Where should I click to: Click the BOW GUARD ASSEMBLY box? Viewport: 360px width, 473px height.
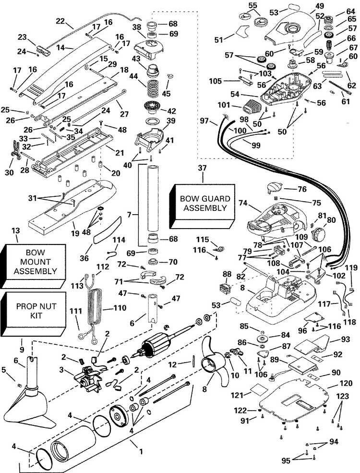coord(202,206)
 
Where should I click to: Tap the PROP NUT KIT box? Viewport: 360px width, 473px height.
coord(33,314)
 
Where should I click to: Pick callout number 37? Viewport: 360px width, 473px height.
coord(202,168)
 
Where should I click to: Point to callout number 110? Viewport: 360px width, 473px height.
coord(120,308)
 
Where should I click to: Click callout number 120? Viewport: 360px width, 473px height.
coord(346,383)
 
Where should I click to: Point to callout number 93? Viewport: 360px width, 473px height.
coord(346,340)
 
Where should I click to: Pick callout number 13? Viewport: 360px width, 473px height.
coord(16,231)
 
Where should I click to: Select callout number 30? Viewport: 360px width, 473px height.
coord(9,172)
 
